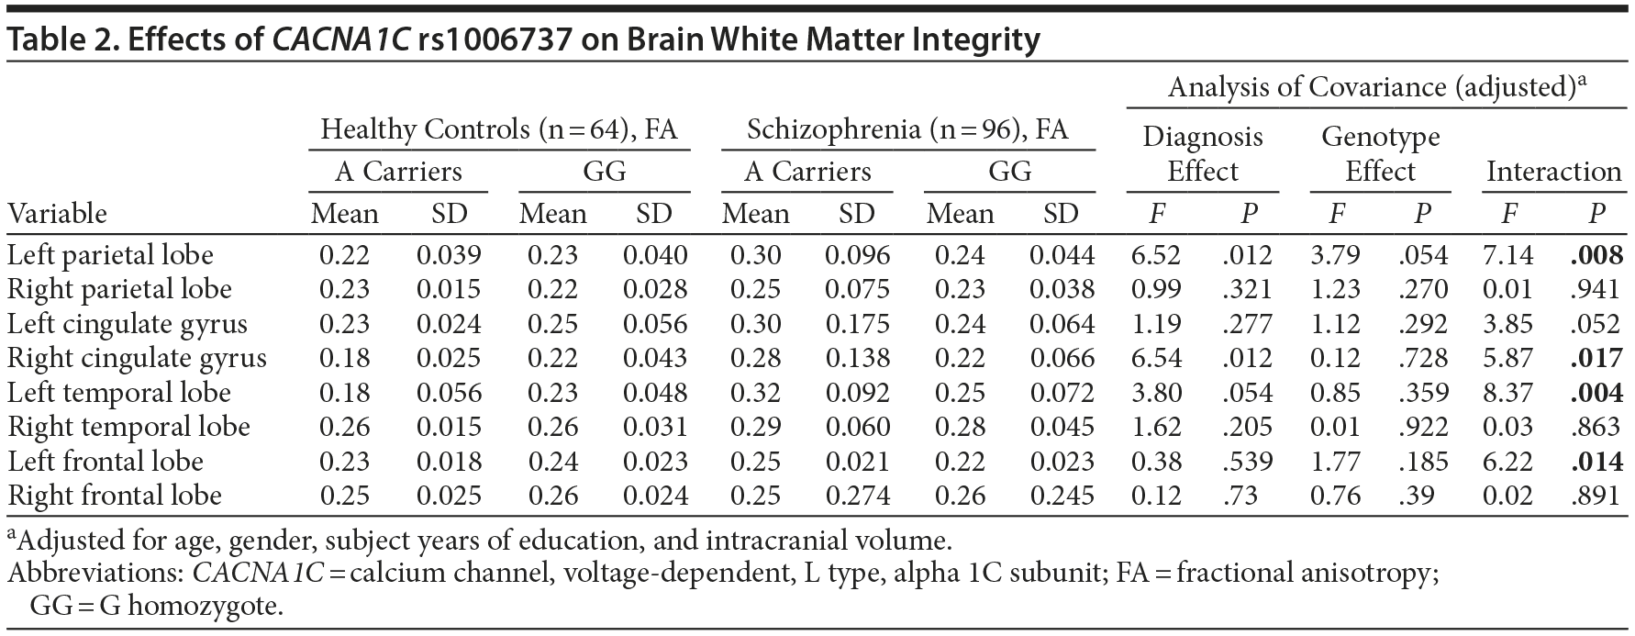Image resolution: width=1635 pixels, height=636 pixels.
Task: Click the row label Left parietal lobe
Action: point(110,255)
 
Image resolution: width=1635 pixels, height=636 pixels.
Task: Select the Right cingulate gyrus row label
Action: point(137,358)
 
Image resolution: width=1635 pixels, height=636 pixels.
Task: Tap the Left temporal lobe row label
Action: point(118,393)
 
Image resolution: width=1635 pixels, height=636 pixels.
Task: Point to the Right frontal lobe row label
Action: point(115,496)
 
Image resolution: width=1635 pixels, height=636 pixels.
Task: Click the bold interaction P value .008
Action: point(1596,255)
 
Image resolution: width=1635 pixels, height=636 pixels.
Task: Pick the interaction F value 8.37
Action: point(1507,393)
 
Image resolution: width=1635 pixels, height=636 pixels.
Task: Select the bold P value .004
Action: point(1596,393)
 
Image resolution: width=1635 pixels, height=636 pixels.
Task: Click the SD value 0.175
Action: point(856,324)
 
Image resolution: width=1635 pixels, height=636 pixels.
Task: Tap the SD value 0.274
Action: point(856,496)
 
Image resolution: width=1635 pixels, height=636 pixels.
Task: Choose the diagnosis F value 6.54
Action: point(1156,358)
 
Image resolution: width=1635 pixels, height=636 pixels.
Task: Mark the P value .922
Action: point(1422,427)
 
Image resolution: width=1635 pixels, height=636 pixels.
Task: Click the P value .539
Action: point(1247,462)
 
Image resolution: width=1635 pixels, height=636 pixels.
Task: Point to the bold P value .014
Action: point(1596,462)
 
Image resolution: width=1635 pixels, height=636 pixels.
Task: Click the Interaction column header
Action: point(1553,172)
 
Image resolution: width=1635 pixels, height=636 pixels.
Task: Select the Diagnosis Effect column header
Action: point(1202,154)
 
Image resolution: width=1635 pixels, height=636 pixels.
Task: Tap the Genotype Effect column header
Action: point(1380,154)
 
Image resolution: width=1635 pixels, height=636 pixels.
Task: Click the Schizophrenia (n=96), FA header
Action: point(907,129)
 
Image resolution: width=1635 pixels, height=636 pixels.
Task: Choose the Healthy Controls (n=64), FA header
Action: point(498,129)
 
